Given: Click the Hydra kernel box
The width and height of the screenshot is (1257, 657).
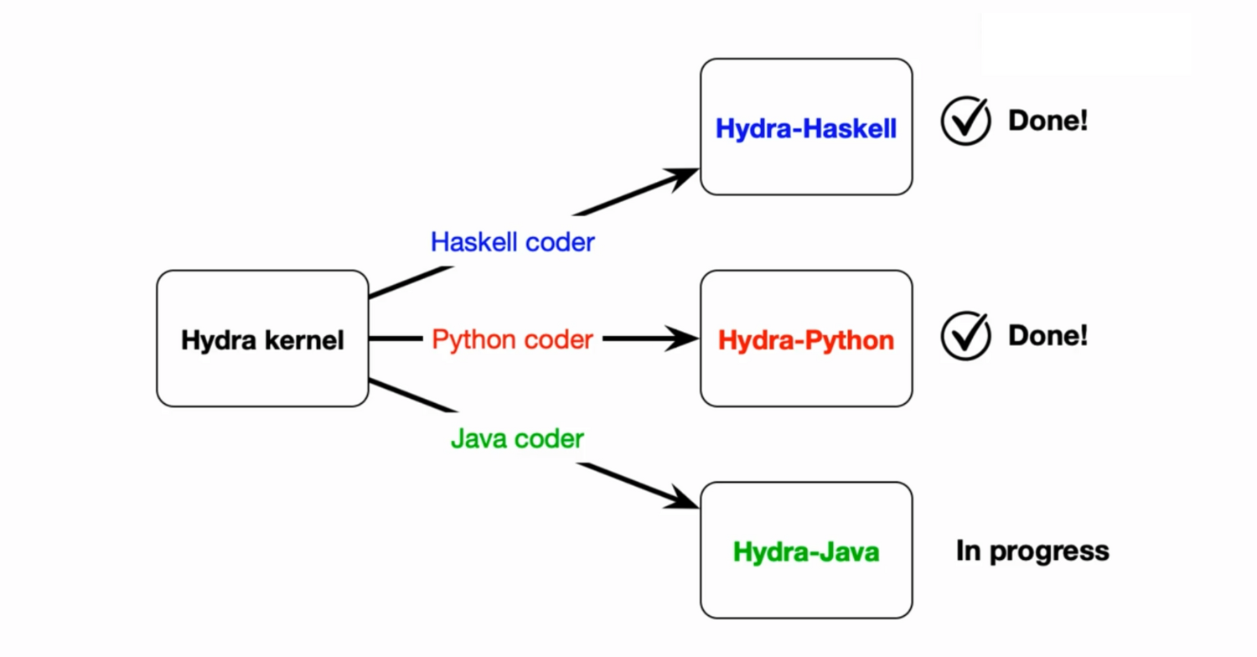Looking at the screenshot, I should pos(262,339).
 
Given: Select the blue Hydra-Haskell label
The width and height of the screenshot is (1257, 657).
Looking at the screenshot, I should pos(806,128).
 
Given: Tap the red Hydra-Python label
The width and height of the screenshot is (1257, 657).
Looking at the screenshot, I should pos(806,340).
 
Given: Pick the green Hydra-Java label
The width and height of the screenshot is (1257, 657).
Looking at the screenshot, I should pos(806,552).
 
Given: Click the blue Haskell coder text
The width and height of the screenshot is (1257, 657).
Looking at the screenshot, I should pos(512,242).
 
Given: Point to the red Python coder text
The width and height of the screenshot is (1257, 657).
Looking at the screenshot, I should pos(512,339).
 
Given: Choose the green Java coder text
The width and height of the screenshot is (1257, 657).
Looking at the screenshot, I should pos(517,438).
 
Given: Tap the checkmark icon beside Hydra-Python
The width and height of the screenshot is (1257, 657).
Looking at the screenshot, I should pos(966,335).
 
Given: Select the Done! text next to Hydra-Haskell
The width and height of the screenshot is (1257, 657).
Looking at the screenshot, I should pos(1047,122).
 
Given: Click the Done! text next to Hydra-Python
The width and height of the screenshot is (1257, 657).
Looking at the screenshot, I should pos(1047,336).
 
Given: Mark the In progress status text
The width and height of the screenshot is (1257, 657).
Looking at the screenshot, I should pos(1032,551).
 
